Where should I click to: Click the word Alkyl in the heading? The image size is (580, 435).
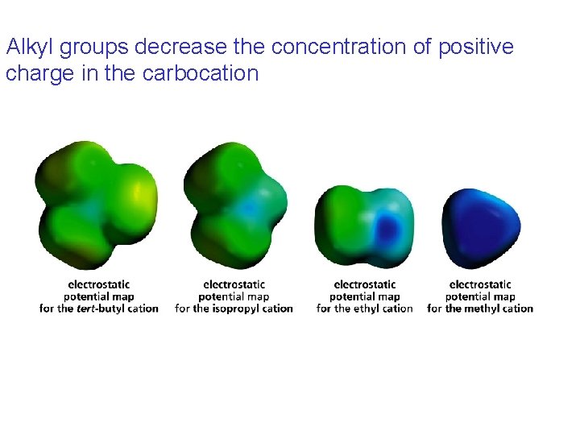click(30, 48)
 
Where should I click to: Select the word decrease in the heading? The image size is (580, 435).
click(171, 48)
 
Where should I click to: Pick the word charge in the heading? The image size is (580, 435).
click(35, 74)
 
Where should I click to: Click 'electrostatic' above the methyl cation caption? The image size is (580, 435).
click(480, 284)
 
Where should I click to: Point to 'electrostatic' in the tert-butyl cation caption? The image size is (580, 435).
click(99, 284)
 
